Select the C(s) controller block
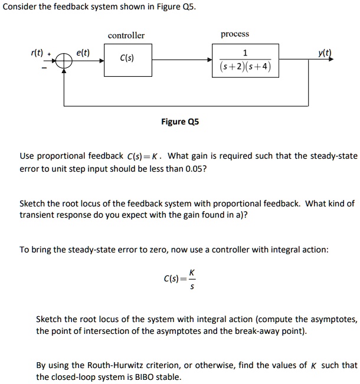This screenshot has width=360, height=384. (x=126, y=60)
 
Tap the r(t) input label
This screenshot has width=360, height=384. (x=37, y=53)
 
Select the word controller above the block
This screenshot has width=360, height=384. (x=126, y=35)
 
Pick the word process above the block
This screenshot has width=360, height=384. (x=235, y=34)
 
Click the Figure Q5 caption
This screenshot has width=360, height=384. (x=180, y=122)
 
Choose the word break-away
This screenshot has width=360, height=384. (x=263, y=331)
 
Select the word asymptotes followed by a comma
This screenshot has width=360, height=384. (x=333, y=319)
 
